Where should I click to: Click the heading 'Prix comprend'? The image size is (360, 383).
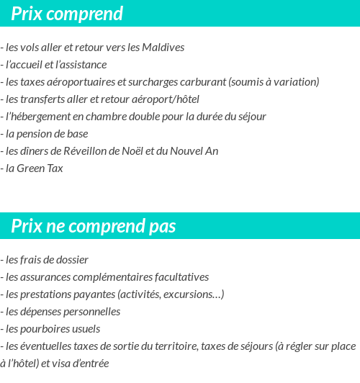(x=67, y=14)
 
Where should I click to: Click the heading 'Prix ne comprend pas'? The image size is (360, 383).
(x=93, y=227)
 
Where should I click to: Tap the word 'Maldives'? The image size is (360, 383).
(x=164, y=48)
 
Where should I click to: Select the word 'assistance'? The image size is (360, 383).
(x=84, y=65)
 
